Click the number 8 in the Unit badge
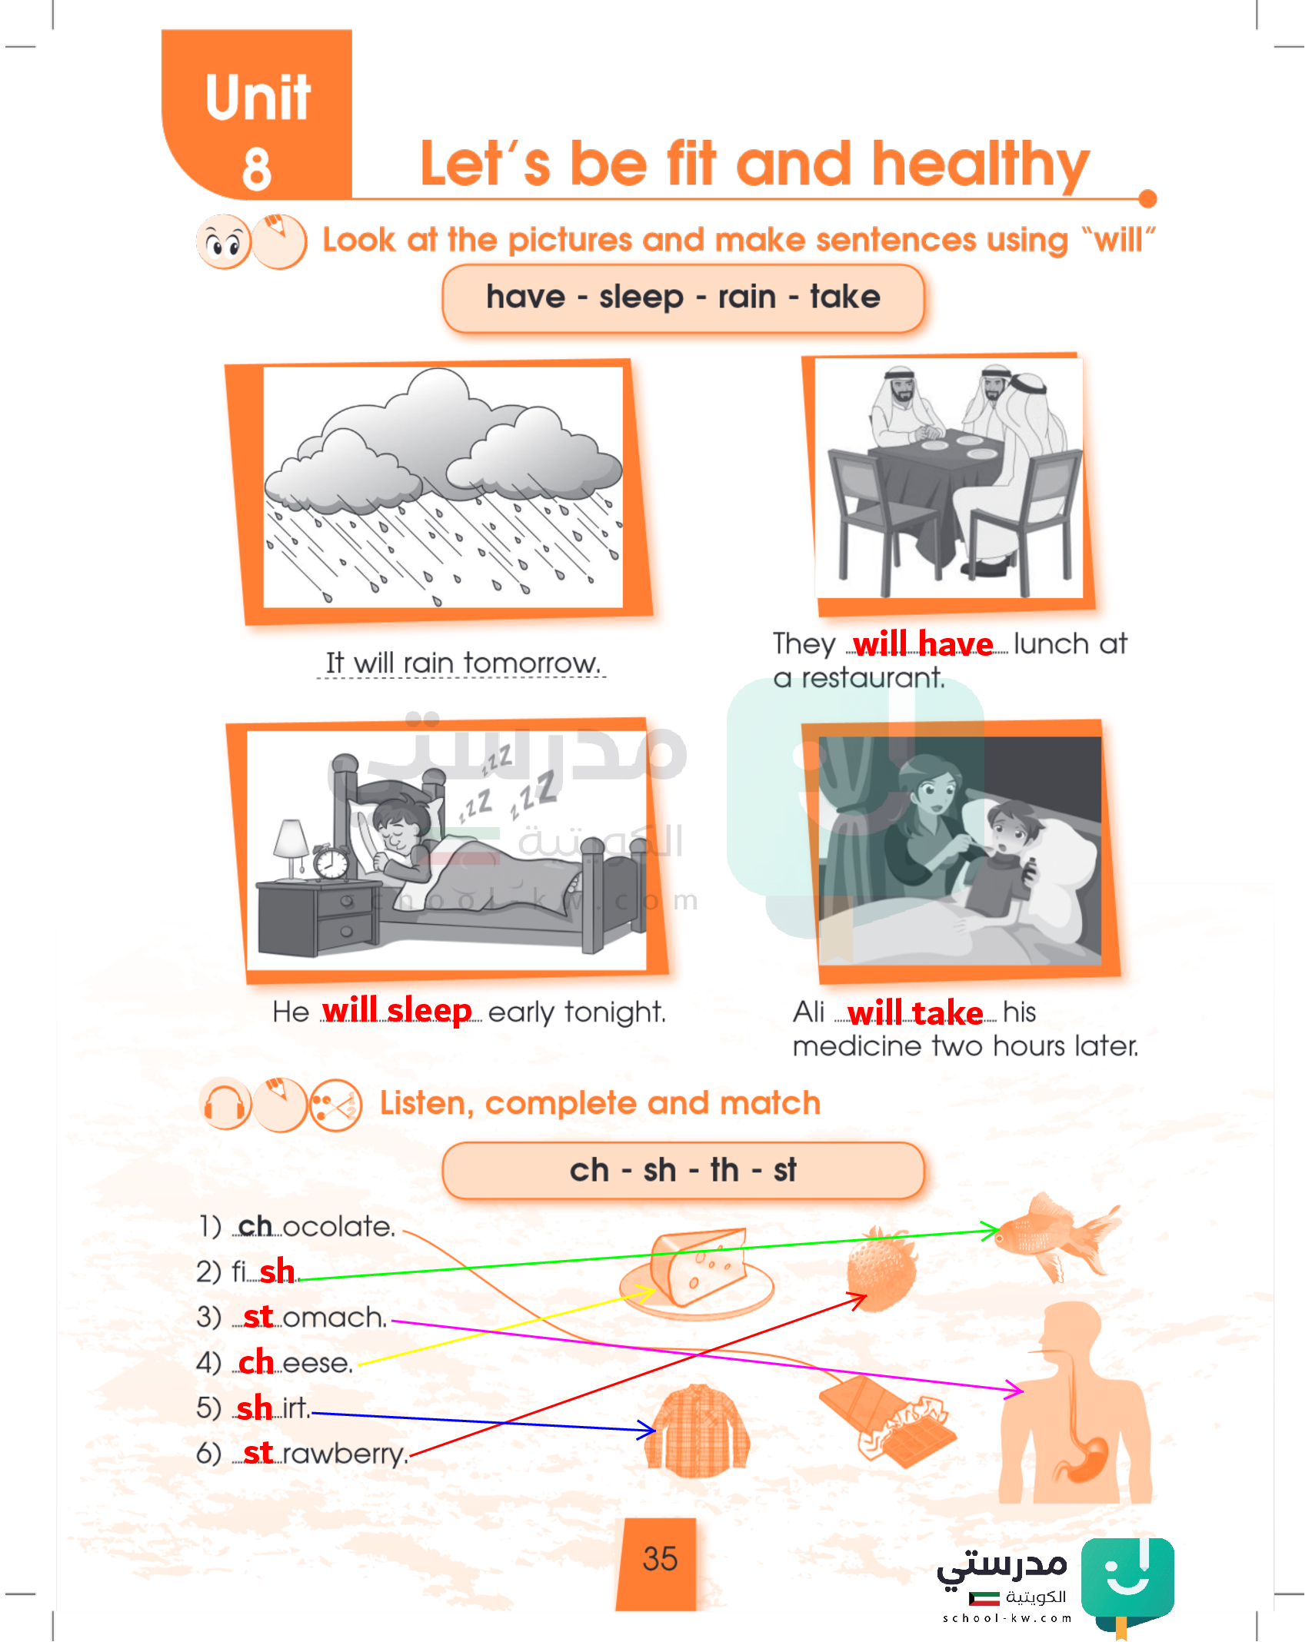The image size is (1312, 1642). click(x=257, y=168)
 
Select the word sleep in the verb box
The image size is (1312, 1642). click(x=641, y=297)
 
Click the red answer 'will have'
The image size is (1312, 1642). click(x=923, y=643)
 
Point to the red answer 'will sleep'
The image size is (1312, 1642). click(x=397, y=1010)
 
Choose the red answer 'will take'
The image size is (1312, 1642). click(x=915, y=1012)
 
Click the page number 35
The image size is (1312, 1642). click(x=660, y=1559)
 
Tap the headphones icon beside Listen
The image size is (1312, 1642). click(x=225, y=1104)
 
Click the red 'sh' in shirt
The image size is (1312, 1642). click(x=255, y=1408)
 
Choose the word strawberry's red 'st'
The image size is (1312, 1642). click(x=258, y=1452)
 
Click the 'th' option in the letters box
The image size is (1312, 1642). click(x=724, y=1170)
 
